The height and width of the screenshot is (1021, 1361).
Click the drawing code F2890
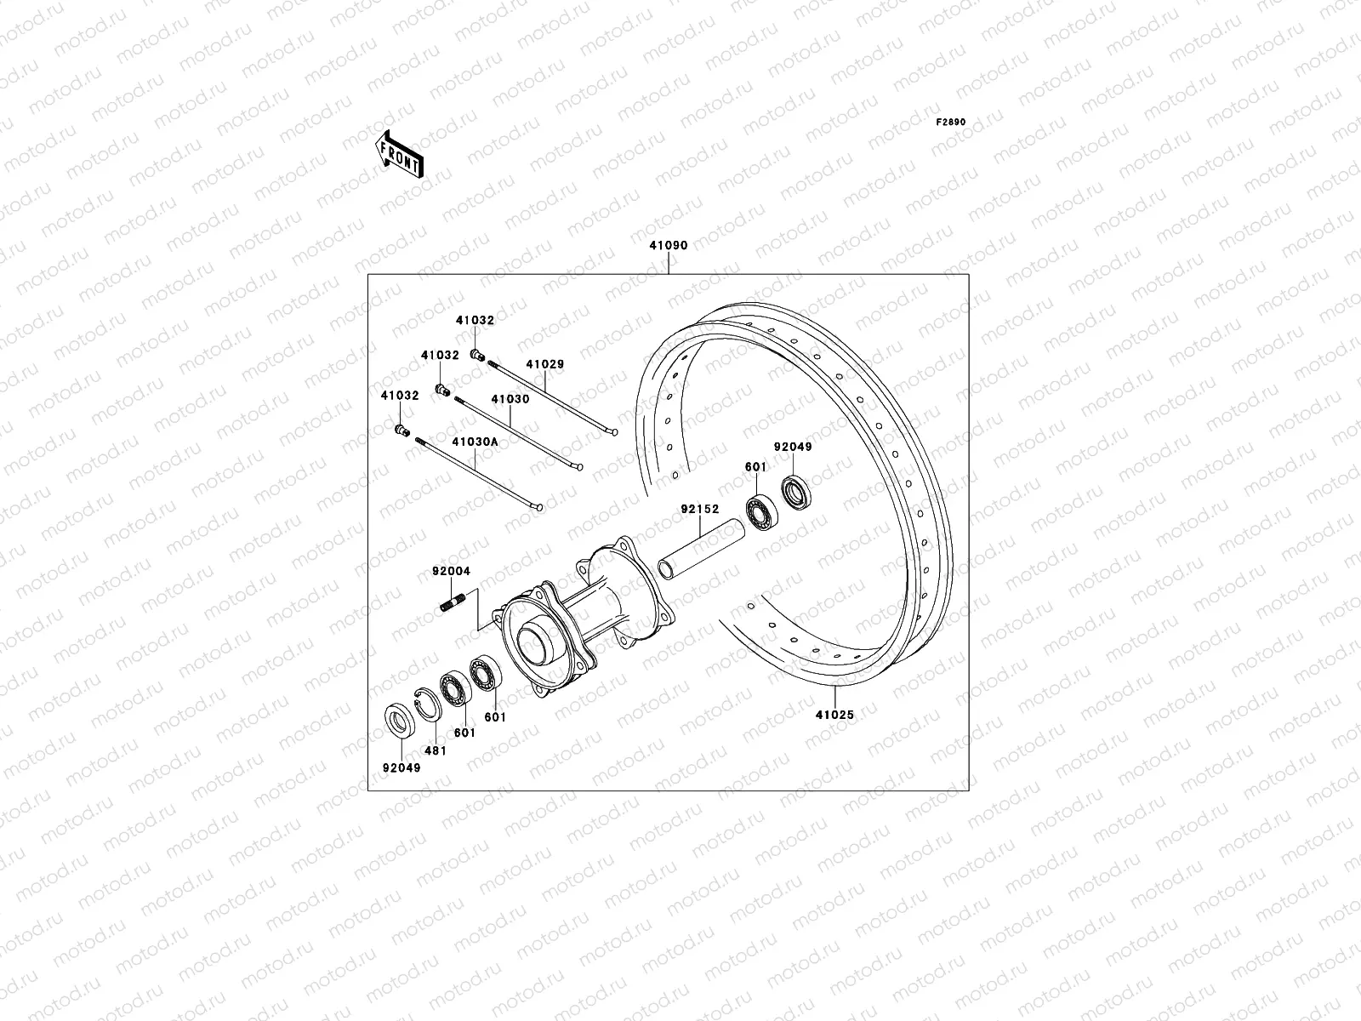[951, 123]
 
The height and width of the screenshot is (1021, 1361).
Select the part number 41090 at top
[668, 246]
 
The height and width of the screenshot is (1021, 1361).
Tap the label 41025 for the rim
[834, 716]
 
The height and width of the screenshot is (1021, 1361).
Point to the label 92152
[699, 510]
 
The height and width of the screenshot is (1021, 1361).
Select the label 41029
[544, 364]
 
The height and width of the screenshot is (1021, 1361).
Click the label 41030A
[475, 442]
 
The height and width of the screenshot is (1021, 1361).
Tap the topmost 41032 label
[474, 321]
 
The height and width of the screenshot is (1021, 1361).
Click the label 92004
[450, 573]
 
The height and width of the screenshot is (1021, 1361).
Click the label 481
[434, 751]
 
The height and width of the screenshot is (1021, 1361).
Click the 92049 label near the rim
[792, 447]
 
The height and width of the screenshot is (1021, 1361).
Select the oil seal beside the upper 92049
[796, 493]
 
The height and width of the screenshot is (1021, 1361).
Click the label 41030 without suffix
[510, 399]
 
